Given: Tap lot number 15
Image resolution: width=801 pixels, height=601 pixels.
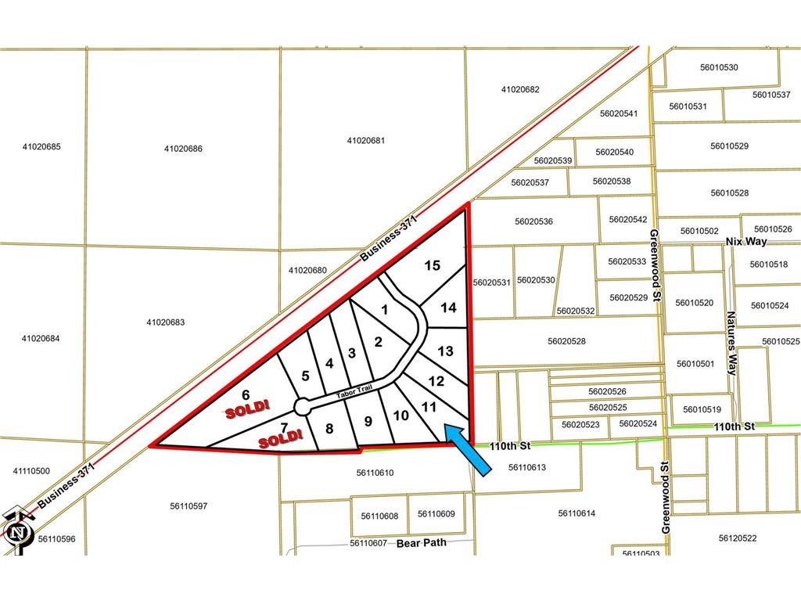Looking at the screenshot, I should pyautogui.click(x=432, y=266).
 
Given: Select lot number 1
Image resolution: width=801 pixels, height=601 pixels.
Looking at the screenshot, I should pyautogui.click(x=384, y=310).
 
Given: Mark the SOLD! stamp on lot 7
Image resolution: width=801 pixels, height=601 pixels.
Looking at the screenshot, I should pyautogui.click(x=280, y=439).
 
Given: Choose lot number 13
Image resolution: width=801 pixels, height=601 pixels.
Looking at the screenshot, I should pyautogui.click(x=445, y=351).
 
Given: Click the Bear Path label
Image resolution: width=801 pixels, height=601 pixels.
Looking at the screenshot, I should pyautogui.click(x=421, y=542).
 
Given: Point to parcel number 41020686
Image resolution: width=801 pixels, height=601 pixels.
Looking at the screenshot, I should pyautogui.click(x=184, y=149).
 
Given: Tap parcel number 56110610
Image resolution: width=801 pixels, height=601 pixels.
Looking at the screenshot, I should pyautogui.click(x=375, y=473).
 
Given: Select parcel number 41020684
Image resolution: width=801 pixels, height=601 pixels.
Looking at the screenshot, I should pyautogui.click(x=41, y=339).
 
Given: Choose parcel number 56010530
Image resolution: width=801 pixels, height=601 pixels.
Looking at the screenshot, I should pyautogui.click(x=719, y=67).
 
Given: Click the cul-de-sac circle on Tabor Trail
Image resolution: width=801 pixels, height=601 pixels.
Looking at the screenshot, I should pyautogui.click(x=302, y=406).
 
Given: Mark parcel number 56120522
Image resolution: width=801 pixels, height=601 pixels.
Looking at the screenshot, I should pyautogui.click(x=738, y=538).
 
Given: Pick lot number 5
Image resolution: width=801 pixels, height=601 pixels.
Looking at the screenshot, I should pyautogui.click(x=305, y=376).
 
